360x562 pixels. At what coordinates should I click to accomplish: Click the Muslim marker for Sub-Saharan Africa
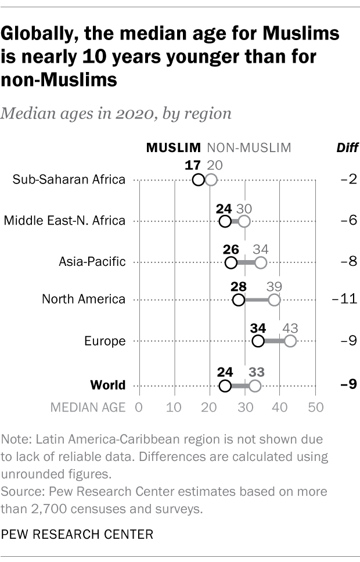(x=199, y=179)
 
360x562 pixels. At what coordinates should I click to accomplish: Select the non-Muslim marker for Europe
(x=290, y=341)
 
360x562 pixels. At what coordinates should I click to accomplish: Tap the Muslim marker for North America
(x=238, y=300)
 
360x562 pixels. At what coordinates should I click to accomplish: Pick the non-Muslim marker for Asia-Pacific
(x=261, y=262)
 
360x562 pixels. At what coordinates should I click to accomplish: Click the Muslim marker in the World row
(x=225, y=386)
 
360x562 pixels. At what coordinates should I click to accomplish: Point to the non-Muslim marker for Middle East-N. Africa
(x=244, y=221)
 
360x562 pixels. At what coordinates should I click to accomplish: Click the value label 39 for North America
(x=273, y=286)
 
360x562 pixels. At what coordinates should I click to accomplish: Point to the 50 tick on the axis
(x=315, y=407)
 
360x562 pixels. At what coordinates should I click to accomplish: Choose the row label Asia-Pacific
(x=92, y=262)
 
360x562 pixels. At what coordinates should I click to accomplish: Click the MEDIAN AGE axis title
(x=88, y=407)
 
